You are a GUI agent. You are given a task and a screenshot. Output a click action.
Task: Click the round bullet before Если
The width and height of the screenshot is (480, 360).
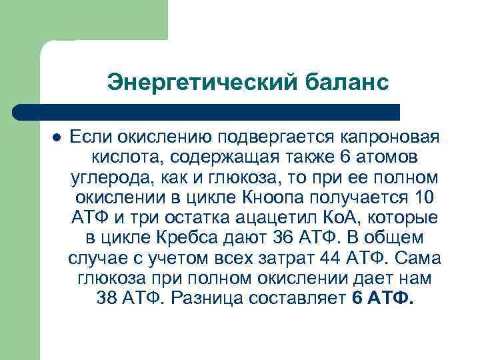pos(57,137)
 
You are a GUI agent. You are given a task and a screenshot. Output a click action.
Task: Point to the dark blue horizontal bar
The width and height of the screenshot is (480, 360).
pos(207,111)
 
